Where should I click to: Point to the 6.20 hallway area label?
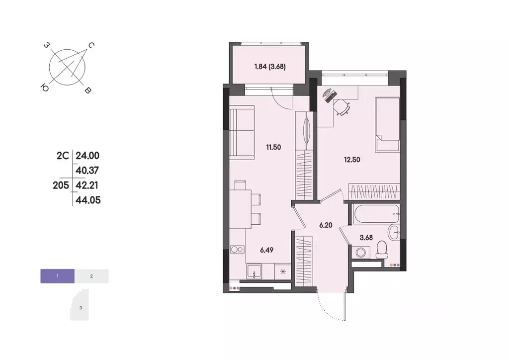click(x=326, y=225)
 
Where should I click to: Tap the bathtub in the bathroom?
click(x=376, y=214)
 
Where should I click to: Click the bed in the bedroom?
click(x=387, y=124)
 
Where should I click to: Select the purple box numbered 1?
click(x=58, y=275)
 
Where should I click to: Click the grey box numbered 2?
click(x=91, y=275)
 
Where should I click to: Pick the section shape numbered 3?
click(x=81, y=307)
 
